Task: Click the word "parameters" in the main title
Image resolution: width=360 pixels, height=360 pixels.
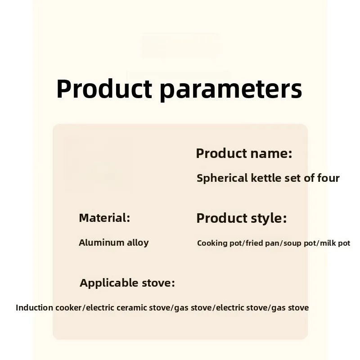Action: [x=231, y=90]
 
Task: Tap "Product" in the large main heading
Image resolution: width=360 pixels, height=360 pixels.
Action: [x=104, y=88]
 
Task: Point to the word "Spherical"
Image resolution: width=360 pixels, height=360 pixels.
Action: [x=222, y=178]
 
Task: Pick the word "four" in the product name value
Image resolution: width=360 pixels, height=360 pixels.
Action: [x=328, y=178]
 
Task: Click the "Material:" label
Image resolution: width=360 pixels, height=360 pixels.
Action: [x=104, y=218]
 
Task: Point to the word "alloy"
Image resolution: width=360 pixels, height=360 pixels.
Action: [x=138, y=243]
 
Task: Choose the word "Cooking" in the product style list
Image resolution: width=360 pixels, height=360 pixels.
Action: [x=212, y=243]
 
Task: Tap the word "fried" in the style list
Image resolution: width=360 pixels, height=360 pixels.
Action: [x=254, y=243]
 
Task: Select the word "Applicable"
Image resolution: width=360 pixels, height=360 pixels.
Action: [x=109, y=283]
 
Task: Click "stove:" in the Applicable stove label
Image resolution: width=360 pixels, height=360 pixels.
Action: [x=158, y=283]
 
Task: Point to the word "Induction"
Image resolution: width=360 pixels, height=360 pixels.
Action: [x=34, y=308]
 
